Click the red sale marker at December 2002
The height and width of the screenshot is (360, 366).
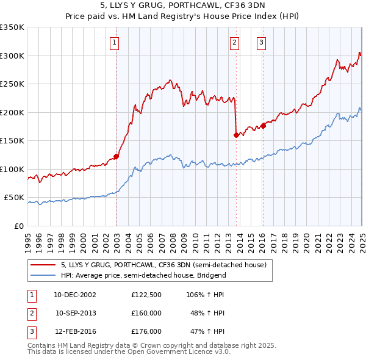[116, 156]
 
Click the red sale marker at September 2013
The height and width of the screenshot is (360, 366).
[235, 135]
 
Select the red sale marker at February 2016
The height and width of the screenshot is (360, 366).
[263, 126]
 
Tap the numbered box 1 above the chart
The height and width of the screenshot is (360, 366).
[115, 43]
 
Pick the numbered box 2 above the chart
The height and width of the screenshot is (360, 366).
[234, 43]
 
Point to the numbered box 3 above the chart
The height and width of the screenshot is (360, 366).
[261, 43]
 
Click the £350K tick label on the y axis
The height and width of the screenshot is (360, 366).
[12, 27]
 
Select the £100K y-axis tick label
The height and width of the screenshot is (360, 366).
[12, 169]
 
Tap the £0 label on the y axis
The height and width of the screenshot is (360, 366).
[20, 226]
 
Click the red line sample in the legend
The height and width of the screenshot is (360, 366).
[43, 265]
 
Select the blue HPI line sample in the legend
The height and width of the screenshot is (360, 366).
[43, 275]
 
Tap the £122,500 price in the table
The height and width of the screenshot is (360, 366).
[146, 295]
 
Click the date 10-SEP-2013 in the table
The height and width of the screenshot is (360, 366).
[75, 313]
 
